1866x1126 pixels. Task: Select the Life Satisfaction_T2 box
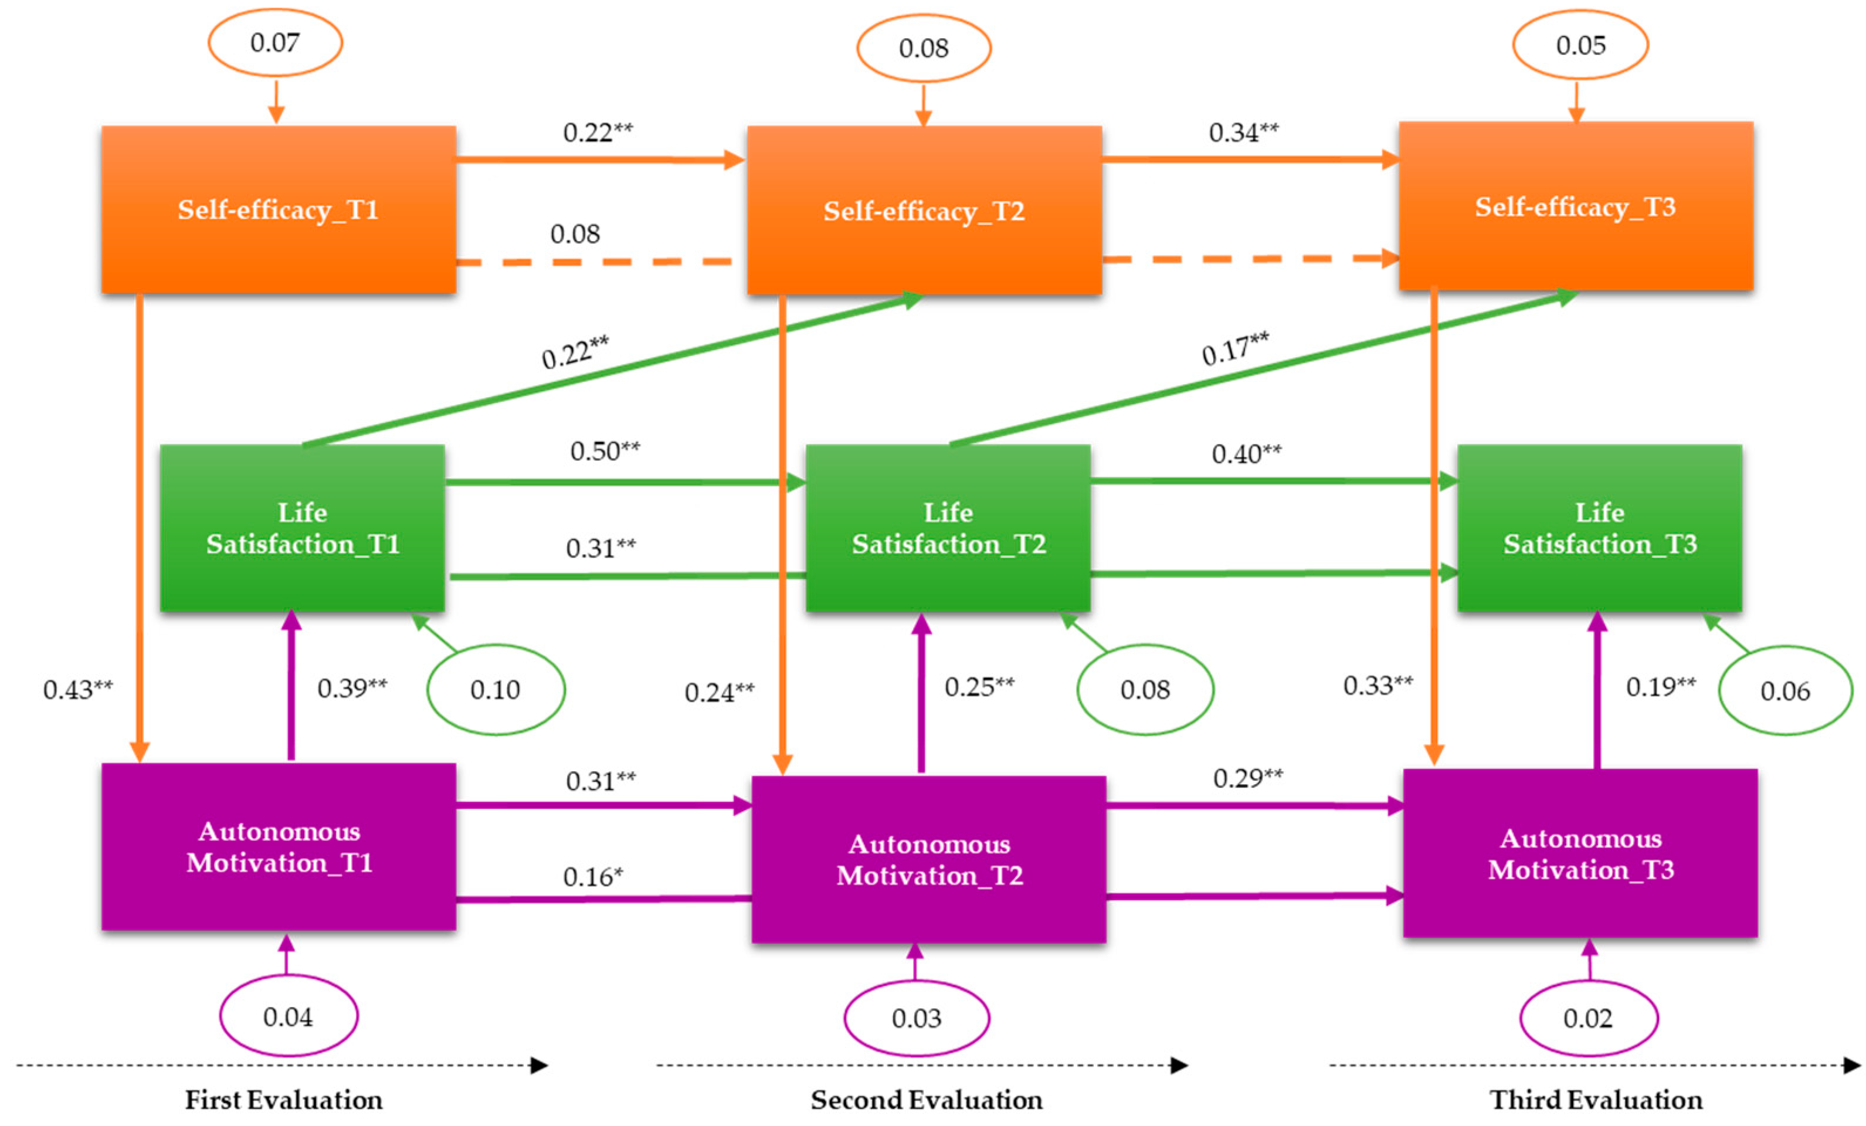(x=948, y=528)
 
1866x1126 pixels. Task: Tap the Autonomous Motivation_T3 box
(x=1580, y=853)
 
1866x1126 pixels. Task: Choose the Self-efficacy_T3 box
(x=1575, y=206)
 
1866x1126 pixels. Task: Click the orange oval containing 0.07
(x=275, y=42)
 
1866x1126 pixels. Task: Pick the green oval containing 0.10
(x=496, y=689)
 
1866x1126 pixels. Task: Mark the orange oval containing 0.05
(x=1580, y=45)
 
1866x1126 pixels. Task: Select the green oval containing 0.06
(x=1785, y=691)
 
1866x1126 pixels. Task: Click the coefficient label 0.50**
(x=605, y=452)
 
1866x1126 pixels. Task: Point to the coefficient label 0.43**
(x=78, y=689)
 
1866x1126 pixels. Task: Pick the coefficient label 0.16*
(x=593, y=877)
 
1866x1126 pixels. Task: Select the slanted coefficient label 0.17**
(x=1235, y=348)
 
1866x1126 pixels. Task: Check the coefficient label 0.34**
(x=1243, y=133)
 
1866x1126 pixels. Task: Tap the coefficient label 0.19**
(x=1661, y=686)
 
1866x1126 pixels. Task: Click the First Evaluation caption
(x=284, y=1100)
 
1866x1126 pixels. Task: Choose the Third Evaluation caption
(x=1596, y=1100)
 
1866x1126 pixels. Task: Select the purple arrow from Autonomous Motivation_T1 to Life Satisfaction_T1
(x=291, y=686)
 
